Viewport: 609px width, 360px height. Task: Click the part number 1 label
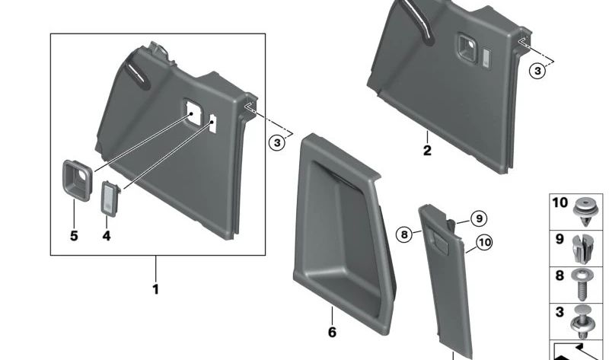(x=155, y=289)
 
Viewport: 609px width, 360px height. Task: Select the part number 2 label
(x=427, y=151)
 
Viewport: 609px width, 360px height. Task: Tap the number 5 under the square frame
(x=74, y=236)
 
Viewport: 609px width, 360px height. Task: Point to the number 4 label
(x=107, y=236)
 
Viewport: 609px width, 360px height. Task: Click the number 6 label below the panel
(x=332, y=333)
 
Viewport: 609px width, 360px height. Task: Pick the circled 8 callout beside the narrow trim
(x=404, y=234)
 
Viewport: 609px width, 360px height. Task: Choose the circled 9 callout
(x=477, y=219)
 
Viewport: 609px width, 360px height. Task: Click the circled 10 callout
(x=484, y=244)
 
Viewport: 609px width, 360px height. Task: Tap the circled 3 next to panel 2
(x=537, y=71)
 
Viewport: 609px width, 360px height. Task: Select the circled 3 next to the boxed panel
(x=278, y=142)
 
